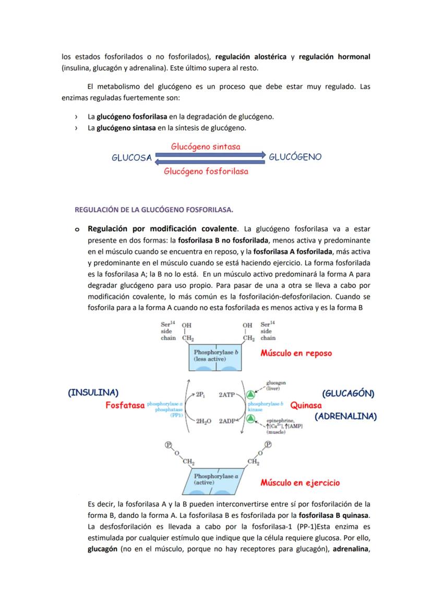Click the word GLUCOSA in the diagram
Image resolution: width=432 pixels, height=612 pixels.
coord(131,157)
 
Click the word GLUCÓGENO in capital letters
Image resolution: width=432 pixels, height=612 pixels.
coord(295,157)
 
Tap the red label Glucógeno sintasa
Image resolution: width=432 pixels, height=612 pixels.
coord(206,147)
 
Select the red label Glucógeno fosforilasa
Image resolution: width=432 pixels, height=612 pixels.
coord(206,171)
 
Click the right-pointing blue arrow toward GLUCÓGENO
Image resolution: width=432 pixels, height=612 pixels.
coord(210,155)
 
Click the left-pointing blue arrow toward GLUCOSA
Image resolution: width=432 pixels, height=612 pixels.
coord(210,162)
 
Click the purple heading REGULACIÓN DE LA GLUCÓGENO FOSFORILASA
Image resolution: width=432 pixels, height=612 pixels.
coord(154,210)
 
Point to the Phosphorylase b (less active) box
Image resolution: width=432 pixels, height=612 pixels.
coord(215,357)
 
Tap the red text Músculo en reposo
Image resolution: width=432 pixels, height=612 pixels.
coord(296,353)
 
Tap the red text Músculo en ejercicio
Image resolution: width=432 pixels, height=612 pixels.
coord(300,483)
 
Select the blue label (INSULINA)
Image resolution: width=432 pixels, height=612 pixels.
coord(93,392)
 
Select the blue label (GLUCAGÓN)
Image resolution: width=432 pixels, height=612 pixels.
coord(348,394)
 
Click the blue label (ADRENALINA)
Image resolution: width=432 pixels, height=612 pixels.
coord(345,417)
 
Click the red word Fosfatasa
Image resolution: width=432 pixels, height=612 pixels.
coord(125,405)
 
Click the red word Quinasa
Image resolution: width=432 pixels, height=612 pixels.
coord(306,405)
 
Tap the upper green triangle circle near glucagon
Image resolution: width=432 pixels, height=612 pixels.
coord(251,394)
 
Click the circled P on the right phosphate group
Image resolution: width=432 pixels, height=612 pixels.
coord(268,444)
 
